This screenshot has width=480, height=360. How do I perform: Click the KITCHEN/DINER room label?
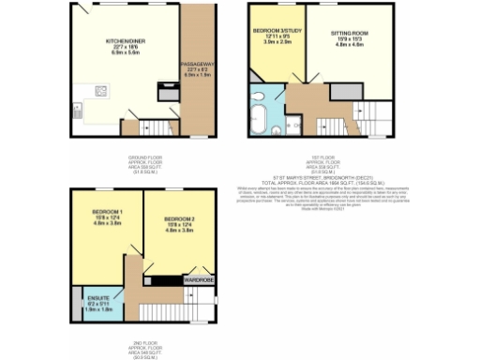tap(123, 42)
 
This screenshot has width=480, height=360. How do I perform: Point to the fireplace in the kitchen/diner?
tap(168, 95)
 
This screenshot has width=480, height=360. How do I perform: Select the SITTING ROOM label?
tap(349, 31)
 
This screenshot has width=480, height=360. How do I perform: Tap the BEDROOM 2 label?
tap(177, 216)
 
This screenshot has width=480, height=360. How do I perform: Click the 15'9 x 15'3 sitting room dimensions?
tap(349, 37)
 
